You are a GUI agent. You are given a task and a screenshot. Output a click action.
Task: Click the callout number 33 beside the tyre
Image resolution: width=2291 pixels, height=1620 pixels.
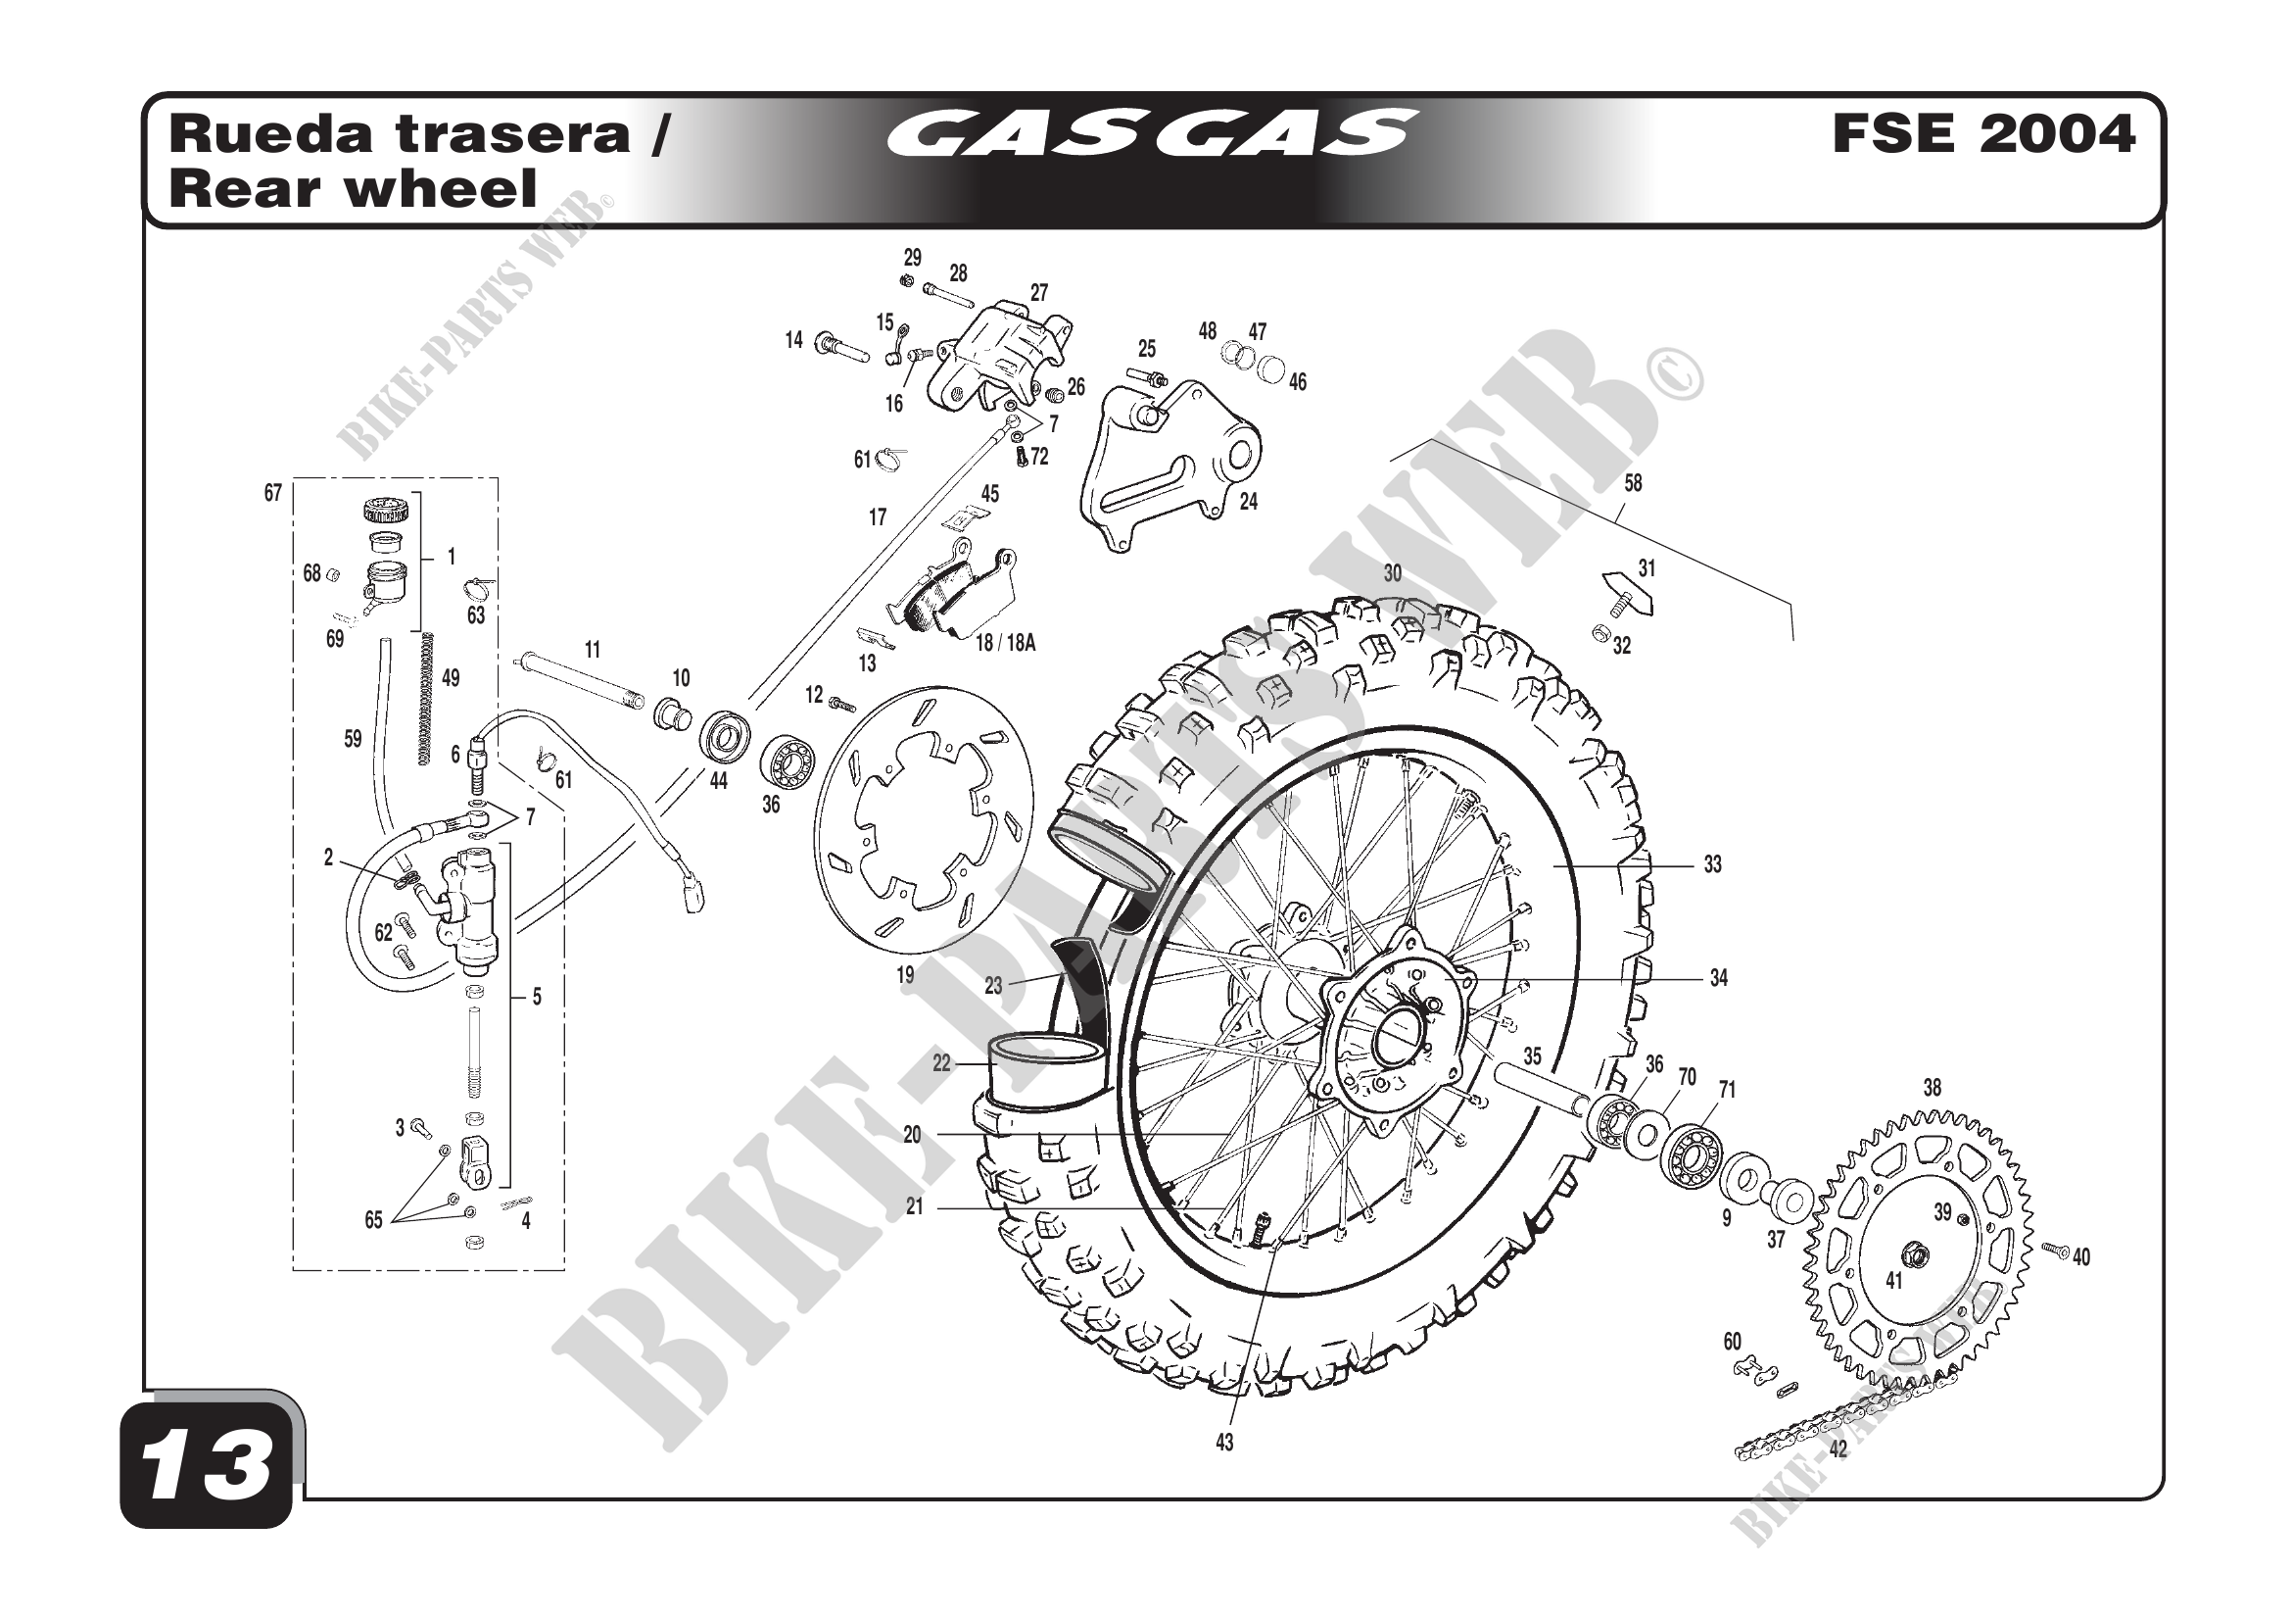[x=1712, y=864]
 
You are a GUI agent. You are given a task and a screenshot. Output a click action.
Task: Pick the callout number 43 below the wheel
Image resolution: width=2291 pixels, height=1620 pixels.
[x=1224, y=1443]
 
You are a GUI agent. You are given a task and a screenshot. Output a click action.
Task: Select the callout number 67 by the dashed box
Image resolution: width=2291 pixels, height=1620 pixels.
[x=272, y=493]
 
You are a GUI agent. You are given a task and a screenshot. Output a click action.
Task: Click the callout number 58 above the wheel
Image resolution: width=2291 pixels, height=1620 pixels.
[x=1633, y=483]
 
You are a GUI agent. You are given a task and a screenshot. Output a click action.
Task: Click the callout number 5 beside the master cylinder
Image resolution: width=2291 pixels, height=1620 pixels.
[x=536, y=996]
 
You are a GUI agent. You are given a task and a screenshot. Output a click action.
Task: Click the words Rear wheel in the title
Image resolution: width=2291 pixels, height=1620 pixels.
[x=354, y=190]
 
